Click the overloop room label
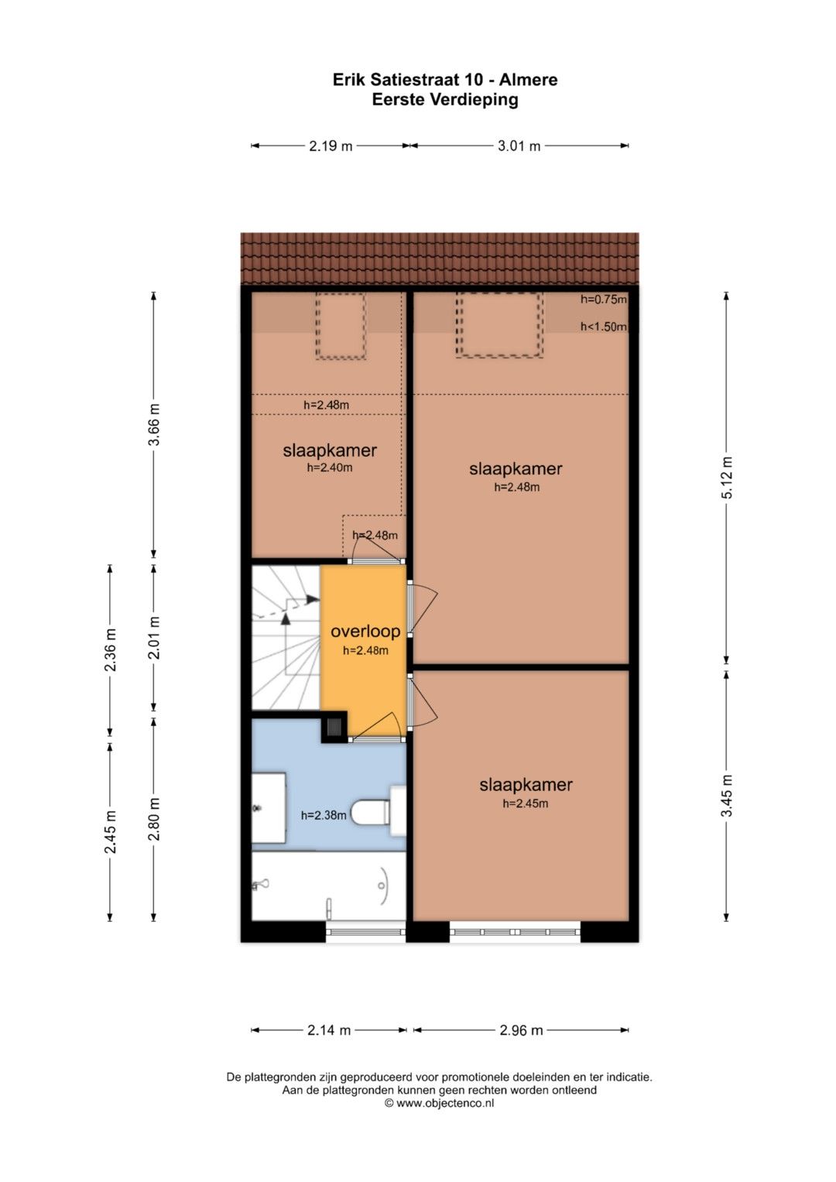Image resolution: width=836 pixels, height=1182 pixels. pyautogui.click(x=365, y=631)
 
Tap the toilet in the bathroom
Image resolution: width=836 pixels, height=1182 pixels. pyautogui.click(x=379, y=811)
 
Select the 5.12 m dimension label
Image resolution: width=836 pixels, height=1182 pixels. pyautogui.click(x=728, y=477)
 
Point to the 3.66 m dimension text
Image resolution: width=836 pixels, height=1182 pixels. pyautogui.click(x=154, y=424)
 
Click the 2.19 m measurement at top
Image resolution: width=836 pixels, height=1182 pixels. pyautogui.click(x=331, y=146)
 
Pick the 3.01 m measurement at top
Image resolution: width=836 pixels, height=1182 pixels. pyautogui.click(x=519, y=146)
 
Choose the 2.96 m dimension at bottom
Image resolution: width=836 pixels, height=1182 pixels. pyautogui.click(x=522, y=1030)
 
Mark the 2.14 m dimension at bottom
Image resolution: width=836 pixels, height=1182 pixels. pyautogui.click(x=329, y=1030)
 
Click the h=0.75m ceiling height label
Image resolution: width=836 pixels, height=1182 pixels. pyautogui.click(x=604, y=300)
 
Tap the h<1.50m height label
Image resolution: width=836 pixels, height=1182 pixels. pyautogui.click(x=604, y=327)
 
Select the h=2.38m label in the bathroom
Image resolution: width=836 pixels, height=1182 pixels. pyautogui.click(x=324, y=815)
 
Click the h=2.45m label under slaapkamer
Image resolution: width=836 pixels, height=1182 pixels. pyautogui.click(x=525, y=803)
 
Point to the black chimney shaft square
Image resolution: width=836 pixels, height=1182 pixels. pyautogui.click(x=334, y=727)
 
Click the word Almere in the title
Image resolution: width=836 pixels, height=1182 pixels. pyautogui.click(x=528, y=80)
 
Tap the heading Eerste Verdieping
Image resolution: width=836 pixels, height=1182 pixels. pyautogui.click(x=445, y=100)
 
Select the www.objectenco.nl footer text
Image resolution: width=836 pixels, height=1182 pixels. pyautogui.click(x=444, y=1103)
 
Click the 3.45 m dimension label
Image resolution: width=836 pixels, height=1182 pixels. pyautogui.click(x=728, y=796)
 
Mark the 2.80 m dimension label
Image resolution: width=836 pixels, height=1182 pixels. pyautogui.click(x=154, y=819)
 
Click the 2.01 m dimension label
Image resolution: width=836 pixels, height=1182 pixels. pyautogui.click(x=154, y=637)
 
